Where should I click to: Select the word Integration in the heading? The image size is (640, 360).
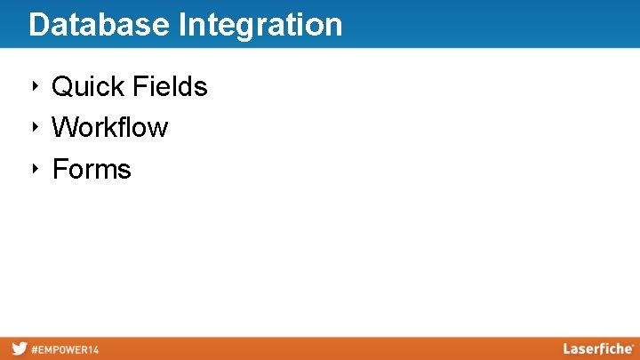pyautogui.click(x=260, y=25)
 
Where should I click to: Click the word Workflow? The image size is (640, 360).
pyautogui.click(x=109, y=127)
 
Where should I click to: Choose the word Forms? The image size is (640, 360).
pyautogui.click(x=92, y=169)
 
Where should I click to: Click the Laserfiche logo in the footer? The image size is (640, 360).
pyautogui.click(x=597, y=348)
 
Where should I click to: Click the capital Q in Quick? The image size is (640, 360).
pyautogui.click(x=63, y=86)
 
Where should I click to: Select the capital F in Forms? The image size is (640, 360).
pyautogui.click(x=60, y=169)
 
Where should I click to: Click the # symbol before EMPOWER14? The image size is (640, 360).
pyautogui.click(x=35, y=349)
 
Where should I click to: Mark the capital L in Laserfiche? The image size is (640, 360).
pyautogui.click(x=566, y=348)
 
